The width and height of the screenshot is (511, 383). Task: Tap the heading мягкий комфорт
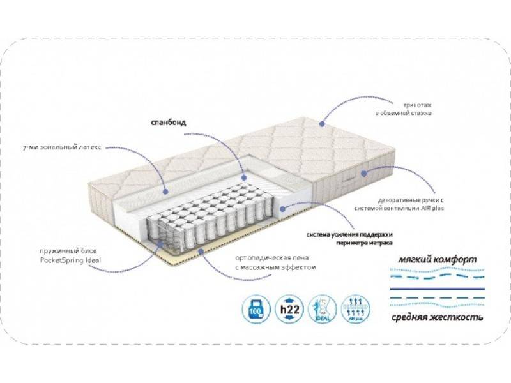tap(434, 262)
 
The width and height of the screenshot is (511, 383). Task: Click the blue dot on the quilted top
tap(323, 121)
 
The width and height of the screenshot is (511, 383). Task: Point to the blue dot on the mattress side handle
tap(363, 173)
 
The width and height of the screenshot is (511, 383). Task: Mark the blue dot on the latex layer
tap(165, 190)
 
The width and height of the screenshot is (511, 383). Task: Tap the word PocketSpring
tap(61, 260)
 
